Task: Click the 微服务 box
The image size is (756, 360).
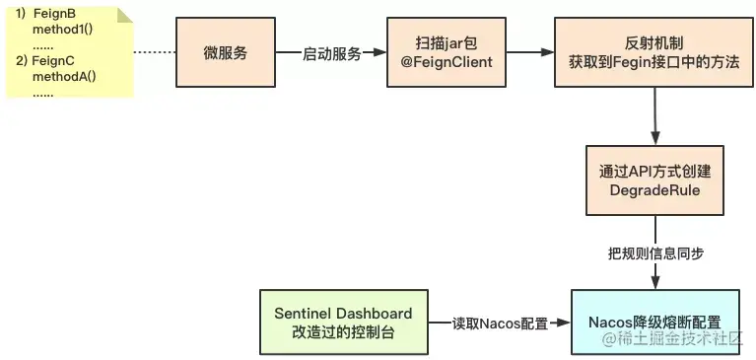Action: (225, 52)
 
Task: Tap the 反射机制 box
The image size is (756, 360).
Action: (654, 52)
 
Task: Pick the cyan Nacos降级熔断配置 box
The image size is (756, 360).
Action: (654, 322)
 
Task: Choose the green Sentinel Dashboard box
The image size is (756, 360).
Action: (343, 322)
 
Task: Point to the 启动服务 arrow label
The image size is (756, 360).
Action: (331, 53)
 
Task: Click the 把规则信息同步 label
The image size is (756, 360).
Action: (654, 253)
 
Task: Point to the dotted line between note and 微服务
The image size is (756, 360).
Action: (154, 52)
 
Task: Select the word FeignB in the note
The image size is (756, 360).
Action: (55, 14)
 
